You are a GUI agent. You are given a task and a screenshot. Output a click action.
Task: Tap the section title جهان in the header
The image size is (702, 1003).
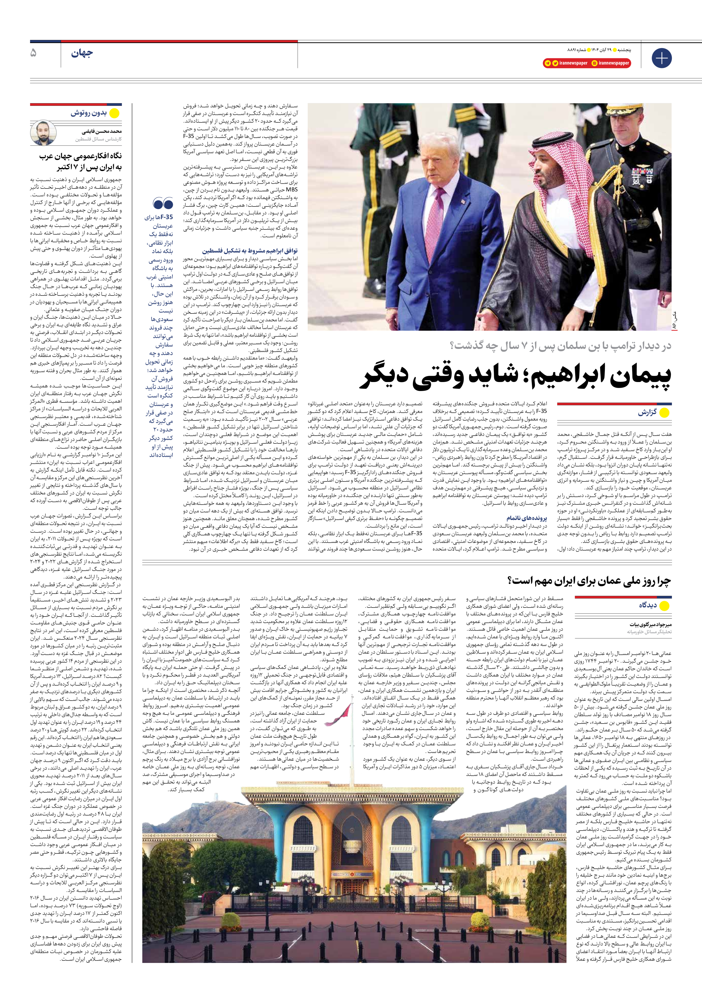pos(82,54)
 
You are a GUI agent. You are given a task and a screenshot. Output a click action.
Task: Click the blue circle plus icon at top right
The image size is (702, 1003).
pos(661,58)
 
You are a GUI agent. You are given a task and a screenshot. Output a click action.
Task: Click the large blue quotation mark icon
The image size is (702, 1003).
pos(163,204)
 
